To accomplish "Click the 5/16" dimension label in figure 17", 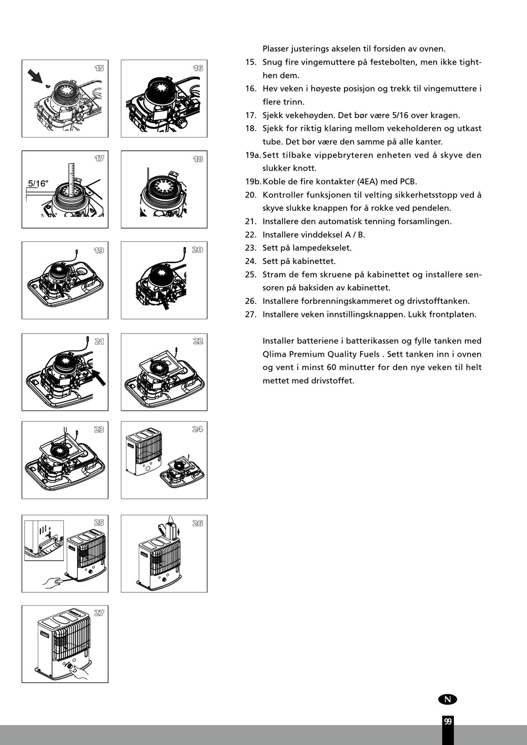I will coord(39,183).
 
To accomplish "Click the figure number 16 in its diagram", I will coord(197,68).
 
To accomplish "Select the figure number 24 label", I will coord(197,429).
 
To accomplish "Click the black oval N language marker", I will coord(447,700).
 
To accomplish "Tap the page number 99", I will coord(447,722).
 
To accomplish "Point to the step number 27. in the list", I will coord(251,315).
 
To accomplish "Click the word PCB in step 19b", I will coord(408,181).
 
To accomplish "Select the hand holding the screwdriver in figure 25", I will coord(53,582).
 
